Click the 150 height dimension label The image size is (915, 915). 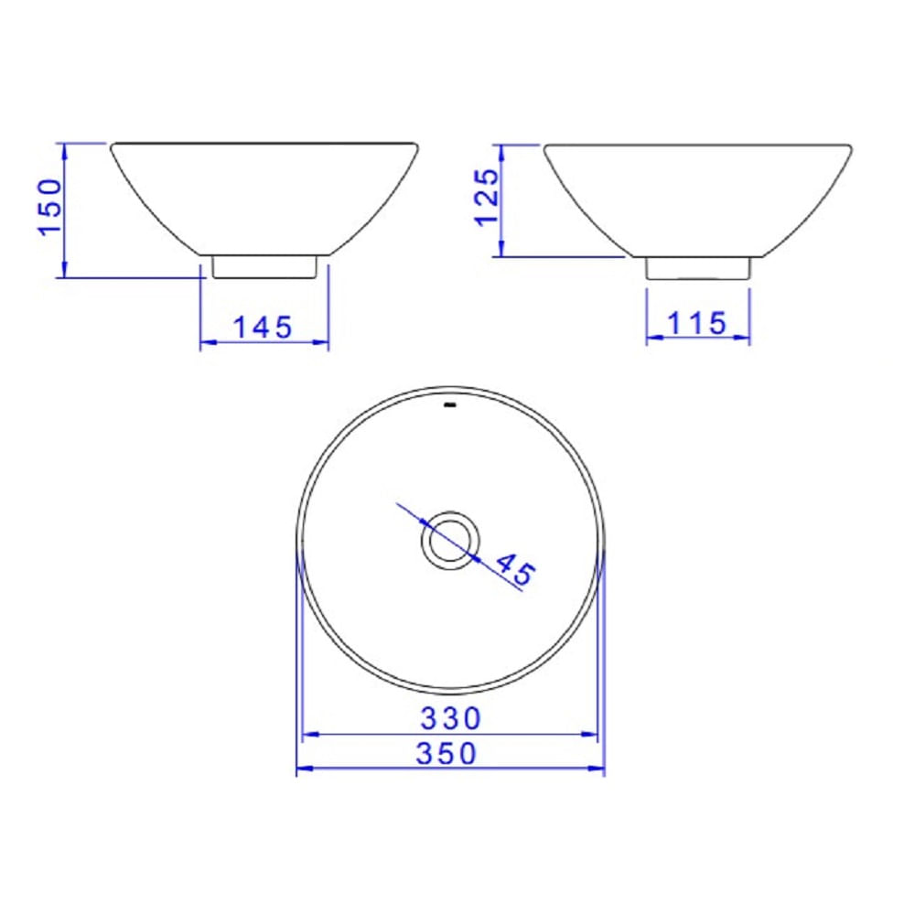[x=50, y=207]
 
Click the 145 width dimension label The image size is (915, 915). [x=263, y=328]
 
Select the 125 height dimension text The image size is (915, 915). [x=487, y=198]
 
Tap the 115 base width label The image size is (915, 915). [x=696, y=323]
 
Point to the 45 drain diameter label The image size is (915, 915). [x=514, y=569]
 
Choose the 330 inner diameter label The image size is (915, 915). [x=450, y=718]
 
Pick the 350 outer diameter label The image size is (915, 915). [x=447, y=753]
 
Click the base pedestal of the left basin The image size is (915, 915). [x=264, y=266]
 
